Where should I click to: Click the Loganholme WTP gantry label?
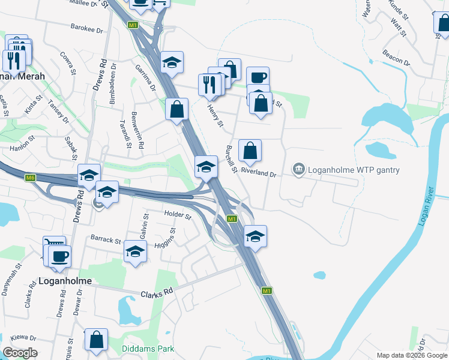(x=354, y=170)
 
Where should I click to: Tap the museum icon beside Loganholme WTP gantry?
(x=298, y=170)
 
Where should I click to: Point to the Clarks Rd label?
(x=157, y=293)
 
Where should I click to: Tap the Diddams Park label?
(x=147, y=349)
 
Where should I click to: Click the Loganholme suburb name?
(x=64, y=280)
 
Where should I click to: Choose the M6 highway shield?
(x=31, y=178)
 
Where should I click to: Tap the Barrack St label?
(x=106, y=239)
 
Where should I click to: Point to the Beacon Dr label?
(x=396, y=58)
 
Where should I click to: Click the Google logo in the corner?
(x=20, y=353)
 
